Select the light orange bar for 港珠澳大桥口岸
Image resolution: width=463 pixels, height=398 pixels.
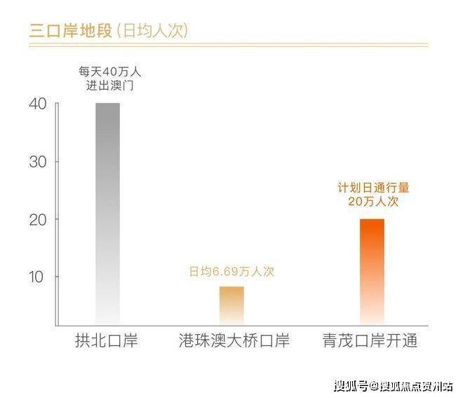point(231,305)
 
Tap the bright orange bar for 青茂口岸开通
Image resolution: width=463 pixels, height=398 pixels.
point(372,271)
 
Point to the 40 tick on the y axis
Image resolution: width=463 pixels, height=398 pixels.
point(38,104)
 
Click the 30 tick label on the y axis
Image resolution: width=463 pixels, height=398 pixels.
point(38,161)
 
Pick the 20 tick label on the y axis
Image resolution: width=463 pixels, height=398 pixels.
point(38,220)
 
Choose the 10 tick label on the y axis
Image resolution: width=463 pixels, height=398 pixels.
point(38,277)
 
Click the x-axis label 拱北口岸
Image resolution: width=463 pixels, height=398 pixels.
point(107,342)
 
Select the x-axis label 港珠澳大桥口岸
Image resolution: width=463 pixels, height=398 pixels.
point(231,342)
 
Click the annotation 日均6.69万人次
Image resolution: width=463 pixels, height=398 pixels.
point(231,272)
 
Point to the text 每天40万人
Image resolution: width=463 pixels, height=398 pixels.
point(107,72)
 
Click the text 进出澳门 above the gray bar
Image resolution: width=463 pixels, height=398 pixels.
point(107,86)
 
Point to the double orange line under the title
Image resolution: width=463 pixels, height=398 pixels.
point(229,46)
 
